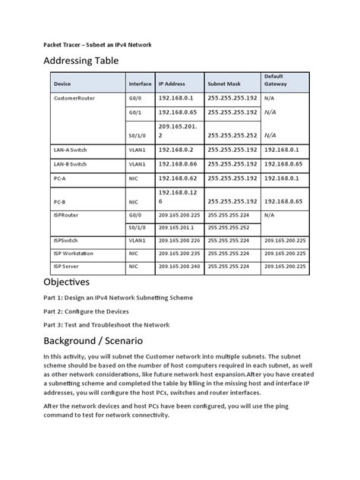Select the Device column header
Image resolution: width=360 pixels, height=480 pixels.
(62, 84)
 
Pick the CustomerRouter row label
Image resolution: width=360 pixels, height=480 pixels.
(74, 98)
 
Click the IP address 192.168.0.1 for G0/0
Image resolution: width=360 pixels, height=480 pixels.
(176, 98)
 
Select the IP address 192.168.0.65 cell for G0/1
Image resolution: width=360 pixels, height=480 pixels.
(178, 112)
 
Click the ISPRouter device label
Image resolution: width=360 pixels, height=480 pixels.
(68, 215)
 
